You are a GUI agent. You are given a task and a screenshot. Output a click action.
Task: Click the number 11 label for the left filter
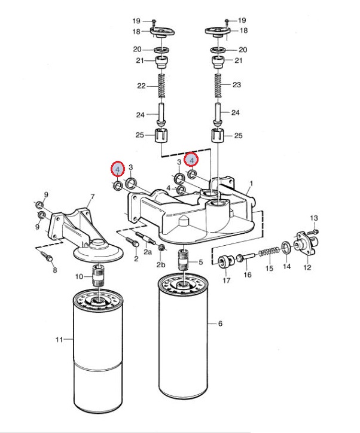click(59, 339)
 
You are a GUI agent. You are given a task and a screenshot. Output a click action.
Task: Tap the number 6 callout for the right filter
click(220, 324)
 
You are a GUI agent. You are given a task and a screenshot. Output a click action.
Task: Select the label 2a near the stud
click(148, 252)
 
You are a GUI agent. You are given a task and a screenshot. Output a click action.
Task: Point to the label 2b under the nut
click(161, 264)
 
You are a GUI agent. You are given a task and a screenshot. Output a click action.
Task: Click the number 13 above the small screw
click(314, 218)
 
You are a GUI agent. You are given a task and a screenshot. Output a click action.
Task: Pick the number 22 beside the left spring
click(141, 86)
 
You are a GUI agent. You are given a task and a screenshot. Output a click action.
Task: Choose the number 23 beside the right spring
click(237, 84)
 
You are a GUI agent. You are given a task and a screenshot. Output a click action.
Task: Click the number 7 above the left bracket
click(93, 197)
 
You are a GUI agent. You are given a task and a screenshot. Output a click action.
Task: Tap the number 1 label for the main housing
click(251, 184)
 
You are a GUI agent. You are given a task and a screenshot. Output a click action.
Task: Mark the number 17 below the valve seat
click(227, 280)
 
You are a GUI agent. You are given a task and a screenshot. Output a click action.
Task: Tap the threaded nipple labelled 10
click(98, 275)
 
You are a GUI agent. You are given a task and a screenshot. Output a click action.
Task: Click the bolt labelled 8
click(47, 256)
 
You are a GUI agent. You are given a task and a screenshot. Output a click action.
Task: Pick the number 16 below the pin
click(248, 275)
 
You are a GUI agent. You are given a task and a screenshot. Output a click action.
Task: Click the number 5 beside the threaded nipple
click(201, 262)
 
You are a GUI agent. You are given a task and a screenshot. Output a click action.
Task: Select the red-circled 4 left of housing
click(118, 169)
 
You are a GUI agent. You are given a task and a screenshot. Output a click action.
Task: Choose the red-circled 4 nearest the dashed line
click(191, 160)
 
